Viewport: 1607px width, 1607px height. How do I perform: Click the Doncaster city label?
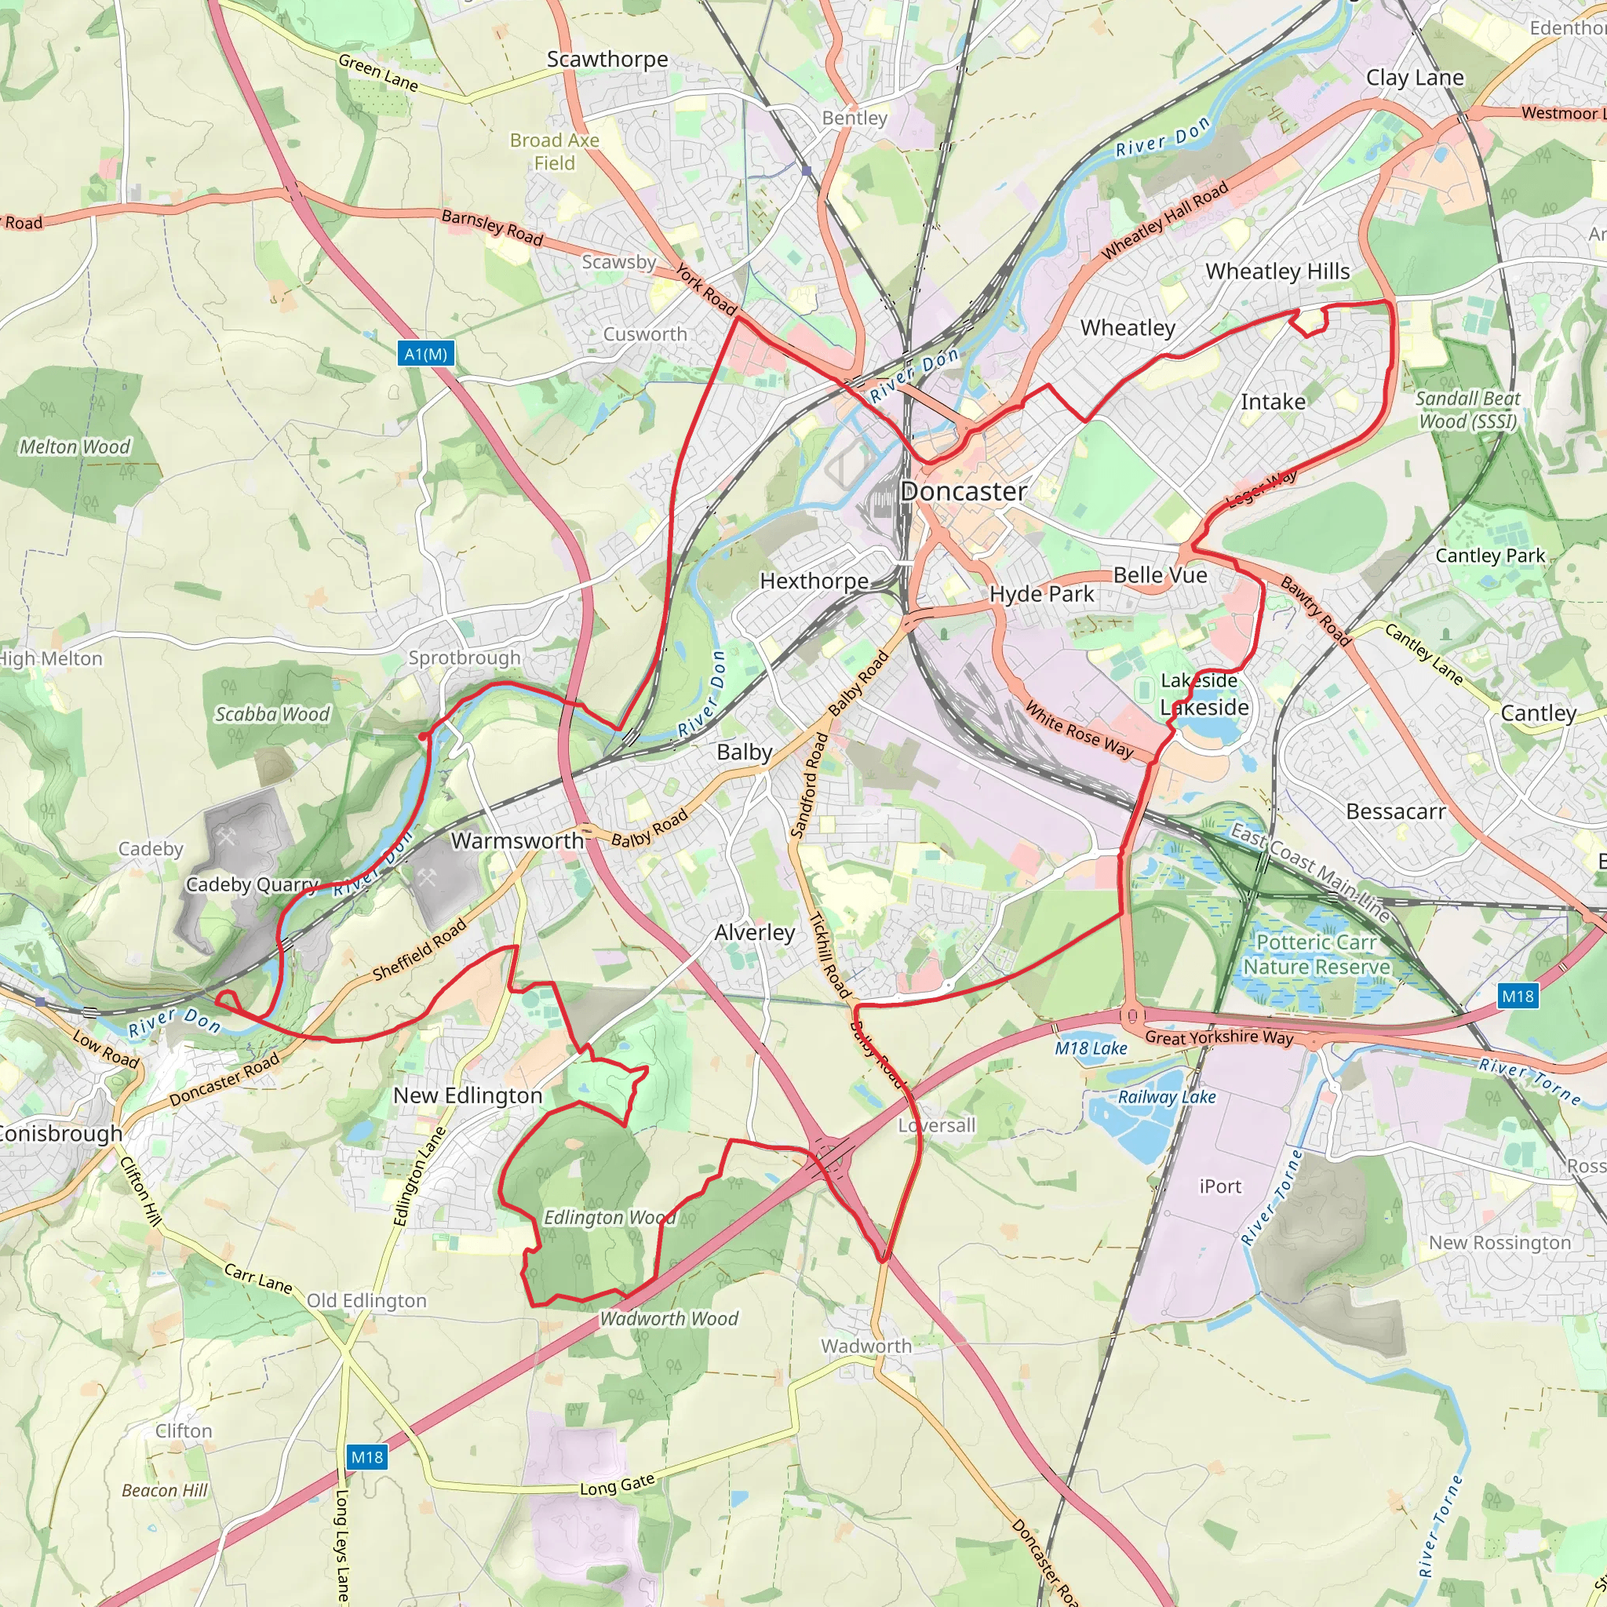click(964, 491)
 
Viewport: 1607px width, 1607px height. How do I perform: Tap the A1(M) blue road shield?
click(426, 355)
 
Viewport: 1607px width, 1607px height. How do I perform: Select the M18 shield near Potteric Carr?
click(1518, 996)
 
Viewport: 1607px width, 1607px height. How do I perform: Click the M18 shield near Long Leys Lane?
click(366, 1456)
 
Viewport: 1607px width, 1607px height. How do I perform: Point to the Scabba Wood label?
click(273, 714)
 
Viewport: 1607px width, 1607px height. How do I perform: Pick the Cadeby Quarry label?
click(252, 884)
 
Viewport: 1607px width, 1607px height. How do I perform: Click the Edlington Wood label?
click(609, 1218)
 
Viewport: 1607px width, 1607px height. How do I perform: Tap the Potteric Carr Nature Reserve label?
click(1316, 955)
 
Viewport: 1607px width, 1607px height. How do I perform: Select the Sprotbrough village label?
click(465, 658)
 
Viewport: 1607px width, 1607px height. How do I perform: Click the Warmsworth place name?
click(517, 841)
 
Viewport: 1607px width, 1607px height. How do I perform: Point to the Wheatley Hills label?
click(1277, 271)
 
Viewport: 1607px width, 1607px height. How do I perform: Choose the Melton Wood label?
click(75, 446)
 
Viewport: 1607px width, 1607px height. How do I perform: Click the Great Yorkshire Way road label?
click(1219, 1037)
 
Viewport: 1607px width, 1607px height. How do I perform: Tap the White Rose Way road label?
click(1079, 730)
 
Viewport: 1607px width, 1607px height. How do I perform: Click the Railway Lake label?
click(1166, 1097)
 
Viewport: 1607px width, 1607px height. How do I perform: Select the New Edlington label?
click(468, 1095)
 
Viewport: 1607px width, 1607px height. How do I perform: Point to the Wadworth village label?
click(866, 1346)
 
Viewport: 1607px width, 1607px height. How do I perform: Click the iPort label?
click(1219, 1186)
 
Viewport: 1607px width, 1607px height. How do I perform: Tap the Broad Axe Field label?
click(554, 151)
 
